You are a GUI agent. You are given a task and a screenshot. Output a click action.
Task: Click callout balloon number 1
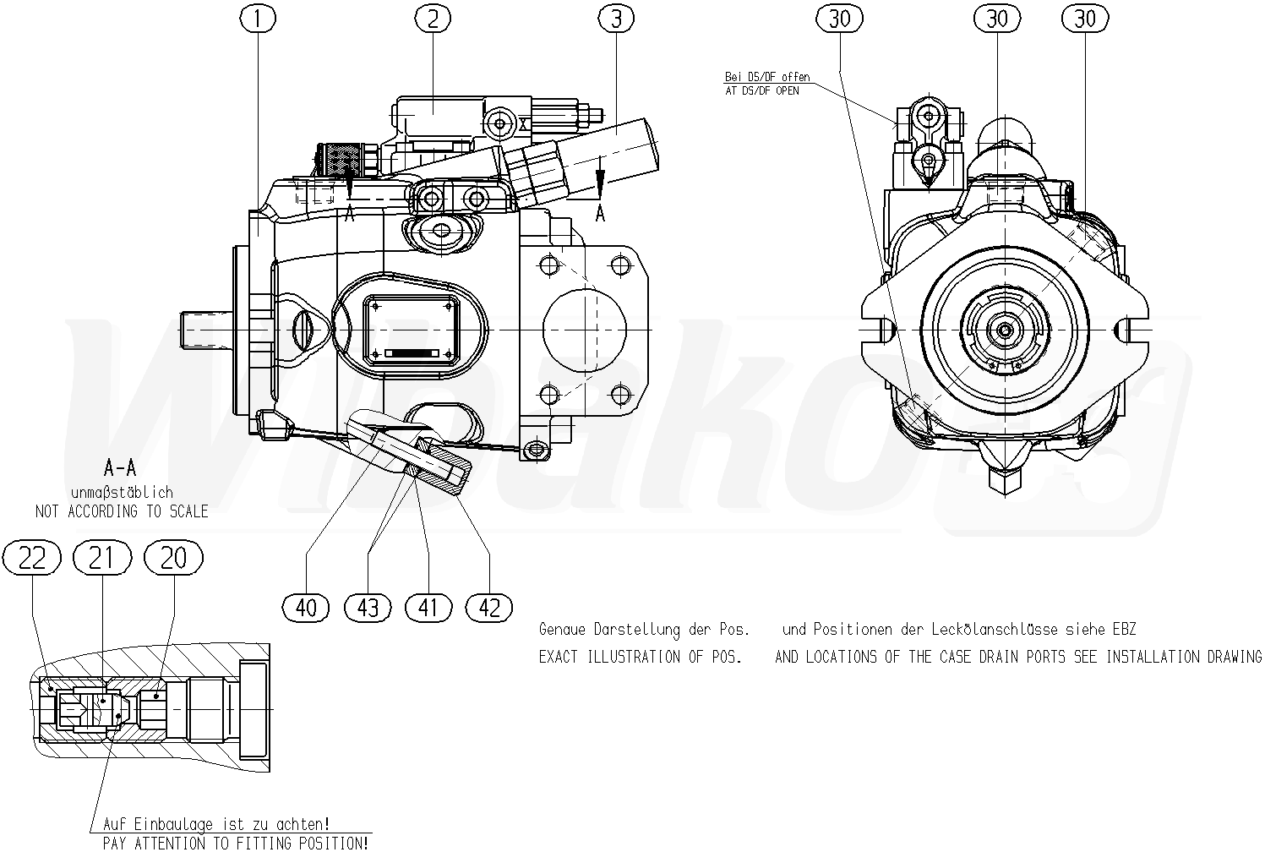coord(258,19)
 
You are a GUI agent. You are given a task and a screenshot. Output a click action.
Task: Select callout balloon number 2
coord(433,19)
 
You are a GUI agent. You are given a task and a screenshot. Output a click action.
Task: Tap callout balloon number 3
coord(616,19)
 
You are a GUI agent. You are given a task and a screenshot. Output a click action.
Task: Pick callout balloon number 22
coord(31,558)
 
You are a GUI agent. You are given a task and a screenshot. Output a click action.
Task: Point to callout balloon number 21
coord(103,558)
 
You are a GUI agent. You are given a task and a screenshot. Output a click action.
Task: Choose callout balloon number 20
coord(173,558)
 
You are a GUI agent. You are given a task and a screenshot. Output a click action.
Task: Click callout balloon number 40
coord(306,608)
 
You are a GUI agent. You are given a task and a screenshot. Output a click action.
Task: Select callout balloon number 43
coord(368,608)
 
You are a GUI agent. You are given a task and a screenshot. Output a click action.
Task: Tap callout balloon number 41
coord(428,608)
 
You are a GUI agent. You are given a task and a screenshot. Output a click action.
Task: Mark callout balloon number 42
coord(489,608)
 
